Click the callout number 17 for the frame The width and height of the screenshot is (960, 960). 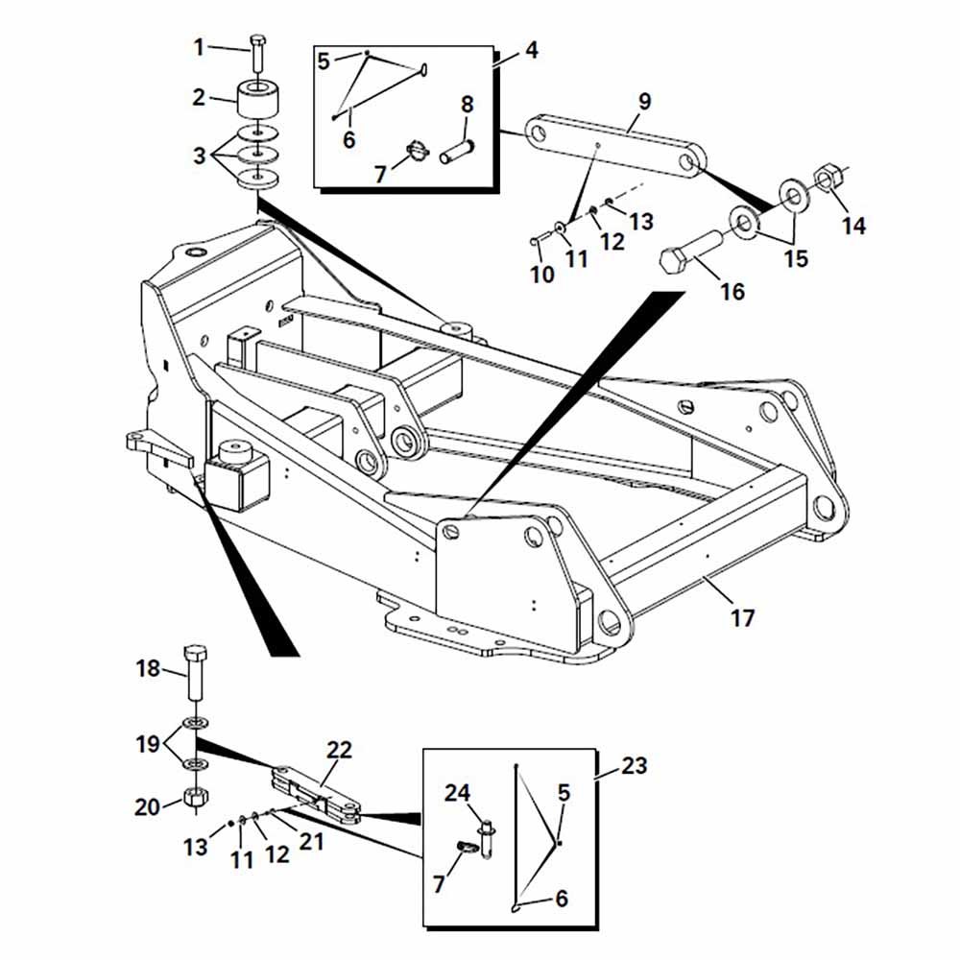point(743,617)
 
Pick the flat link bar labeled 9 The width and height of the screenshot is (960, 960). point(615,146)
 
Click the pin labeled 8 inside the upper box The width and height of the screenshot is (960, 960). point(458,152)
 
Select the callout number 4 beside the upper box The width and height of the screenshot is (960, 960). point(532,50)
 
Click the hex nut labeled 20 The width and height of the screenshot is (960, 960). point(196,797)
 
